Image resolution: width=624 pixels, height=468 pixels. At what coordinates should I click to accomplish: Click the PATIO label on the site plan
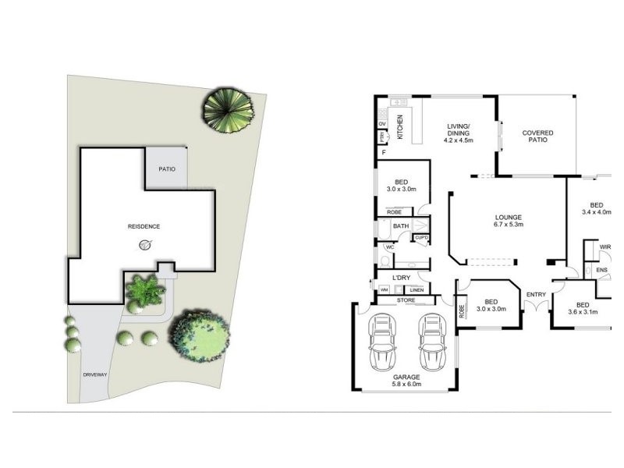point(166,168)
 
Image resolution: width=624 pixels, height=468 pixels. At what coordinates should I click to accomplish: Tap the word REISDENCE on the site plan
point(144,226)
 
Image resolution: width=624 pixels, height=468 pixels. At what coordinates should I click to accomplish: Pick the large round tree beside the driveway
point(200,337)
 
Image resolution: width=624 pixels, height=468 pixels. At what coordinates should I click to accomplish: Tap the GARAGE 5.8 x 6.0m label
point(406,380)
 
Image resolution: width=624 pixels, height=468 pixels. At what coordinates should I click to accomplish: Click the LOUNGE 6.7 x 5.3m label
point(508,221)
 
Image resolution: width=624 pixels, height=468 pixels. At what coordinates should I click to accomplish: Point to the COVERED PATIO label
point(537,137)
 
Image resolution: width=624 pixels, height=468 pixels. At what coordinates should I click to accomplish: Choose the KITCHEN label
point(400,126)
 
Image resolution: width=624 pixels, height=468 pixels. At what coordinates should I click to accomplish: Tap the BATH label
point(401,226)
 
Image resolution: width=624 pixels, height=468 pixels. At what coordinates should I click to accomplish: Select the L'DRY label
point(402,278)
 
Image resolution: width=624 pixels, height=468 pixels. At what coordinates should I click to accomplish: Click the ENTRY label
point(536,294)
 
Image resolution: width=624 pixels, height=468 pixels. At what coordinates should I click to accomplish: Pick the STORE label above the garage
point(406,299)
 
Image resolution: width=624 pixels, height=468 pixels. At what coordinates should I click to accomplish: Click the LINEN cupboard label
point(417,290)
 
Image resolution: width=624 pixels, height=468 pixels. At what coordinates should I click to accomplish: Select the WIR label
point(605,247)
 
